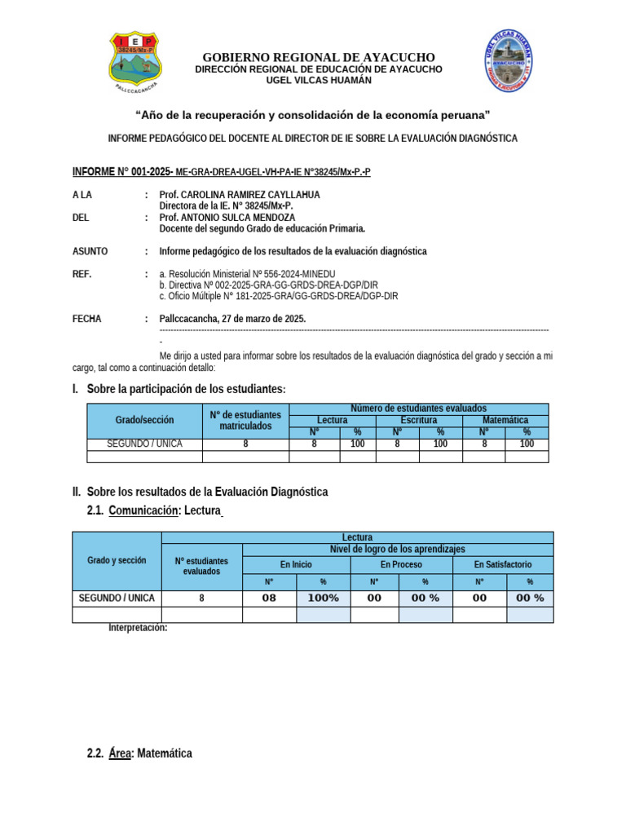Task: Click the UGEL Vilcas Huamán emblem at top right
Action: (512, 60)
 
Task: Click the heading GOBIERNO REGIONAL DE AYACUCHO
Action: (319, 57)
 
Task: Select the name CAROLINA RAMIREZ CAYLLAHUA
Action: (240, 195)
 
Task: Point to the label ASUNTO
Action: (90, 251)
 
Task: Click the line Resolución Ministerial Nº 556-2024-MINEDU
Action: (247, 274)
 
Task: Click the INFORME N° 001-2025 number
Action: (122, 172)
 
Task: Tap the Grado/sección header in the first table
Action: (144, 420)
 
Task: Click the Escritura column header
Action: (418, 420)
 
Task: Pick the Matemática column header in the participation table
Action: (505, 420)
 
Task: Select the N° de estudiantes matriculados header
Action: (245, 420)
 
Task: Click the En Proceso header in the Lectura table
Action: (401, 564)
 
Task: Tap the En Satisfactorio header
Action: (503, 564)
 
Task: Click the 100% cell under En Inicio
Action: (323, 598)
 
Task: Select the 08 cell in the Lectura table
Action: (269, 598)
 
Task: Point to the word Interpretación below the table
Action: (138, 627)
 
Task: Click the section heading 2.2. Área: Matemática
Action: (139, 753)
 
